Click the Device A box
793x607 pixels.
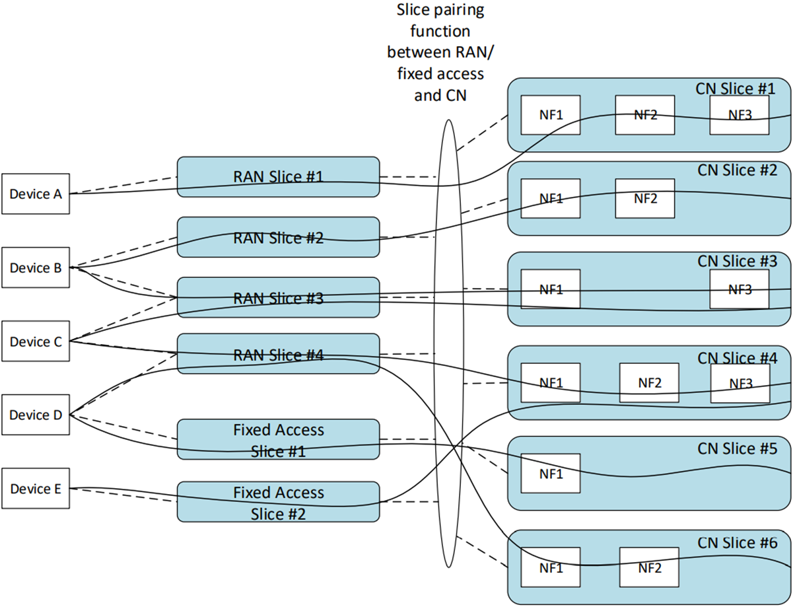coord(36,194)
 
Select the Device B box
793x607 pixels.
coord(36,268)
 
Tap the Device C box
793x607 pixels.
coord(36,341)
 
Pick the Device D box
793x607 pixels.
coord(36,415)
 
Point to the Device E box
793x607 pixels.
coord(36,489)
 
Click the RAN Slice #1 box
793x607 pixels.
coord(278,176)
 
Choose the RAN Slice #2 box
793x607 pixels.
coord(278,238)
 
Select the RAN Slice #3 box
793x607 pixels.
coord(278,298)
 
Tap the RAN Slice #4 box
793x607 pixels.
coord(278,354)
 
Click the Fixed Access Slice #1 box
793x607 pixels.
coord(278,440)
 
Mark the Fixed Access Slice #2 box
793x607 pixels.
coord(278,502)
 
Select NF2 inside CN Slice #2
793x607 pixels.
coord(644,198)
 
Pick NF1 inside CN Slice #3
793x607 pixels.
coord(551,289)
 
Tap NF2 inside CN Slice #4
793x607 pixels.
coord(649,382)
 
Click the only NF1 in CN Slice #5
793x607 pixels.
coord(551,473)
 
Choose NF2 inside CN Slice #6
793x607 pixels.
coord(649,567)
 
